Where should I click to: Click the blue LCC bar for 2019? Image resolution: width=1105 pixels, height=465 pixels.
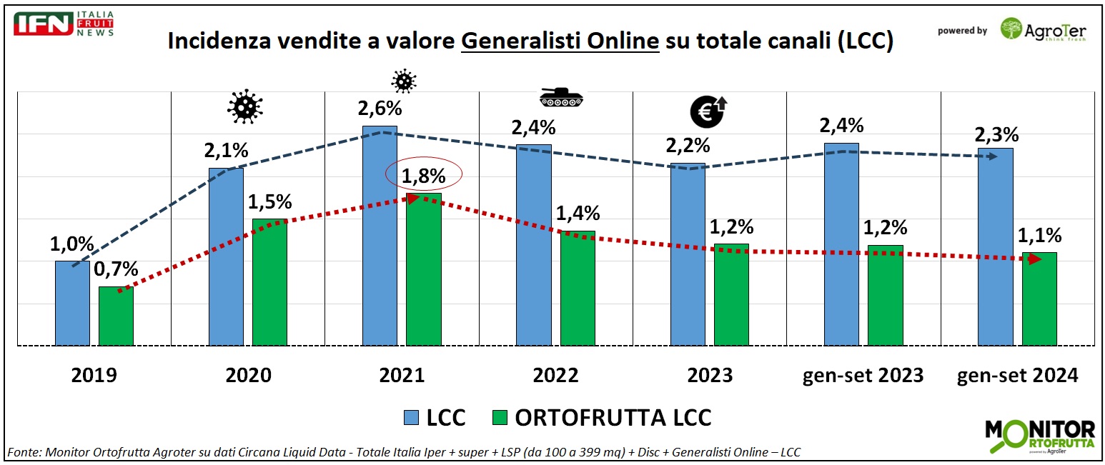(72, 303)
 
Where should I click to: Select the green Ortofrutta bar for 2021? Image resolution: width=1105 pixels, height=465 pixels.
(424, 269)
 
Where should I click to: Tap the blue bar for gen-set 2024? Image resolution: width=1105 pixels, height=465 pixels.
(995, 246)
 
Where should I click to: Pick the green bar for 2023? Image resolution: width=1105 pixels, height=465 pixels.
(731, 294)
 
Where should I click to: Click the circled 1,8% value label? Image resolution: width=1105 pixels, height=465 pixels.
(424, 175)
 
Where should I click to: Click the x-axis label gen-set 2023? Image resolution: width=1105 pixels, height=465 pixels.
(863, 375)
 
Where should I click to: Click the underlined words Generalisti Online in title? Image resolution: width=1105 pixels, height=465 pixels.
(560, 42)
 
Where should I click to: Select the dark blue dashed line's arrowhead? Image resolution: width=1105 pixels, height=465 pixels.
(993, 156)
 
